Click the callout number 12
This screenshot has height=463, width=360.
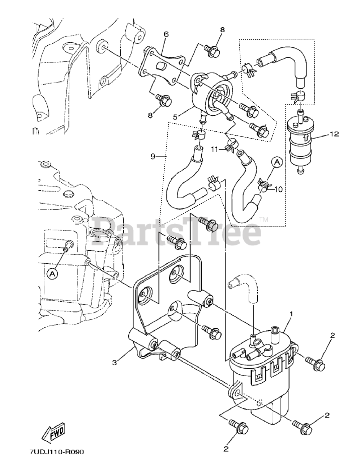click(334, 134)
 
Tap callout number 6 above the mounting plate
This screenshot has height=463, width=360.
click(166, 34)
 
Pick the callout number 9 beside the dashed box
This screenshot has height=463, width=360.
click(153, 156)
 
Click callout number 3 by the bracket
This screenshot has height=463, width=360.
click(114, 362)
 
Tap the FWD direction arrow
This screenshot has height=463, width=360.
click(54, 431)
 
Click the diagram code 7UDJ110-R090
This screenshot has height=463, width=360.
click(58, 452)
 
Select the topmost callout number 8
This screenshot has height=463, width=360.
click(222, 30)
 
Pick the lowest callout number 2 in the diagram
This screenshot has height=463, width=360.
click(226, 449)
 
